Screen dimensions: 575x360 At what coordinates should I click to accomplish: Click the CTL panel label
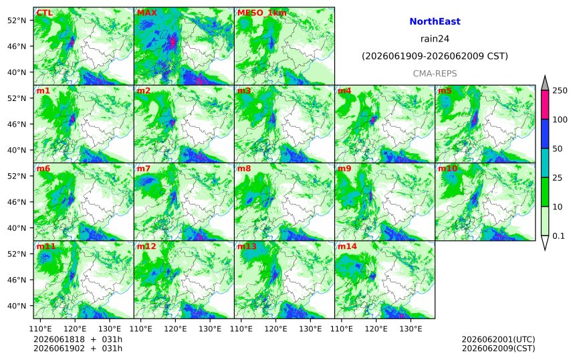tap(44, 13)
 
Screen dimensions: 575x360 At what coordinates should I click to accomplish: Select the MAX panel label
tap(146, 13)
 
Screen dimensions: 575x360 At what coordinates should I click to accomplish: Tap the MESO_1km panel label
tap(262, 13)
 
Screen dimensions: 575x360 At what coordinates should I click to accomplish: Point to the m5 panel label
tap(445, 90)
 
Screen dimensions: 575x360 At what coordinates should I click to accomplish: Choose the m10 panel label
tap(447, 169)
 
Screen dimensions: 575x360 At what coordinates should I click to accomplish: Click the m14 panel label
tap(347, 246)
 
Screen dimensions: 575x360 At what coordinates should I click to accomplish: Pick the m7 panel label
tap(143, 169)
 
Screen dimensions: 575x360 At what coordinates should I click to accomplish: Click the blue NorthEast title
tap(435, 21)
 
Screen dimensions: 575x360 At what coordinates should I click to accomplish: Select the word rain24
tap(435, 39)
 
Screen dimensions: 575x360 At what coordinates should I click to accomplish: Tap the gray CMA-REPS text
tap(435, 74)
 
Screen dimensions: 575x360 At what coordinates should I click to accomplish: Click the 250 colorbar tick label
tap(560, 90)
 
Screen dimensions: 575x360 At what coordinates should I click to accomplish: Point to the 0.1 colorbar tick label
tap(558, 236)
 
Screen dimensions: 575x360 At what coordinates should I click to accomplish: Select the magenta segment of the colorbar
tap(545, 104)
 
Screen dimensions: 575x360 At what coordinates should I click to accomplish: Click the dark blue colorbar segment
tap(545, 134)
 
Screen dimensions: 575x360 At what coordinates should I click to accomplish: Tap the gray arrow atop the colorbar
tap(545, 83)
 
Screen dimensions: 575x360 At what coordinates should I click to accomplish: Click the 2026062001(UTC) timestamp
tap(498, 339)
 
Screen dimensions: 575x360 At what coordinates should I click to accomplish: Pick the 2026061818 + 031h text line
tap(78, 339)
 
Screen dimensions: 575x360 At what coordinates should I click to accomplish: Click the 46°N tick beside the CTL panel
tap(17, 46)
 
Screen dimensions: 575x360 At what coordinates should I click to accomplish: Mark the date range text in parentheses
tap(435, 56)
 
